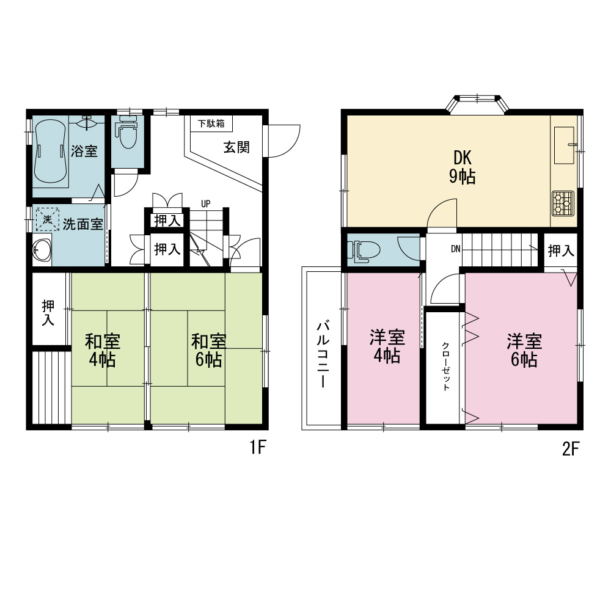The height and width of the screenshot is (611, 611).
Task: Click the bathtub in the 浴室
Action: [x=50, y=151]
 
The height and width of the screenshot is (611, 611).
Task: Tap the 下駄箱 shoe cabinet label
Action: [x=211, y=123]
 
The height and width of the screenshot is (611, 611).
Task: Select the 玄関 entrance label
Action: [x=236, y=147]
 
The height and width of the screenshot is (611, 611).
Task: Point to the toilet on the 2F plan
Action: [x=363, y=250]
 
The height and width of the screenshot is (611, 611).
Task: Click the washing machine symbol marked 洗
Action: [x=48, y=219]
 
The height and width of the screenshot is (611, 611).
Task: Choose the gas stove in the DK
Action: [x=563, y=203]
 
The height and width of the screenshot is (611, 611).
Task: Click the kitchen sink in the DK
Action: [x=564, y=145]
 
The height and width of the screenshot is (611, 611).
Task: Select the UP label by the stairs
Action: [x=206, y=203]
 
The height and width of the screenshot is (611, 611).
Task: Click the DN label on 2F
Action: [x=456, y=249]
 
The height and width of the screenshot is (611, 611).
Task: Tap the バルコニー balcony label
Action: [x=323, y=354]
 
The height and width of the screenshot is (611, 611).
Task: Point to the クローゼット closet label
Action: [x=445, y=366]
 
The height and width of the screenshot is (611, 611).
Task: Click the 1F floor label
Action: [x=258, y=447]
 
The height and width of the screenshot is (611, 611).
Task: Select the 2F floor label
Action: [x=571, y=449]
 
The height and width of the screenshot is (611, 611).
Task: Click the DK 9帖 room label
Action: [x=463, y=167]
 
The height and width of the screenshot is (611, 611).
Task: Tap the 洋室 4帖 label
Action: [x=387, y=346]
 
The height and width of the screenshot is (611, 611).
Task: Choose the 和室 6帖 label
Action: [x=208, y=350]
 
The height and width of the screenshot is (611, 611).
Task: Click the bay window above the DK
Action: [x=477, y=103]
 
